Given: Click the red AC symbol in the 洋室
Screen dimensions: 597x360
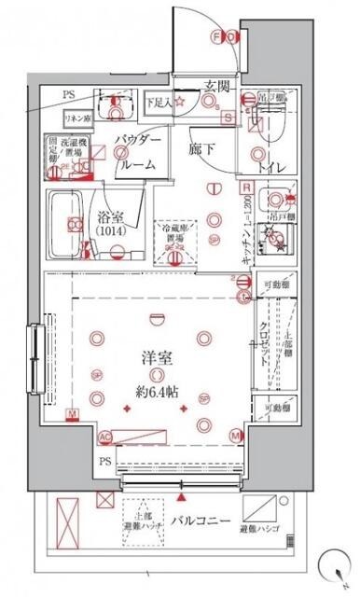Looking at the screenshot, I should (105, 437).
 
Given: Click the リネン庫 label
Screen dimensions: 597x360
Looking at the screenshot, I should (76, 118).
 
